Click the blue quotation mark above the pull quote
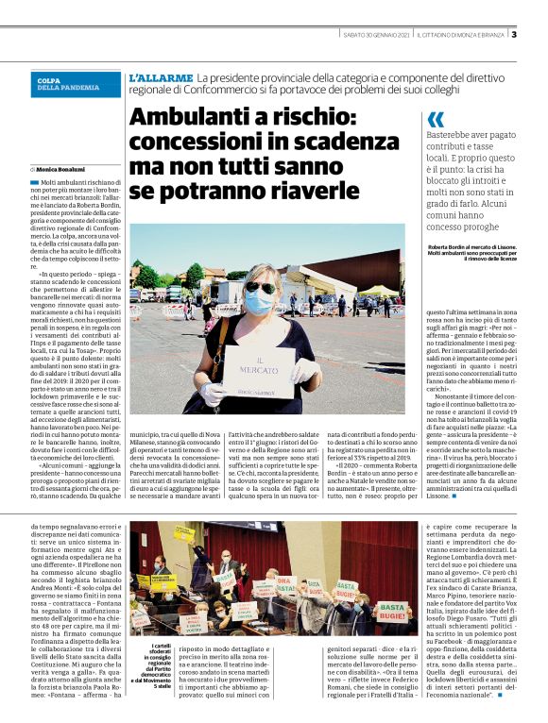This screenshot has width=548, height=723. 436,120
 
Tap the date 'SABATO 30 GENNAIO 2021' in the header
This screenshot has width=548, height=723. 375,36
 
